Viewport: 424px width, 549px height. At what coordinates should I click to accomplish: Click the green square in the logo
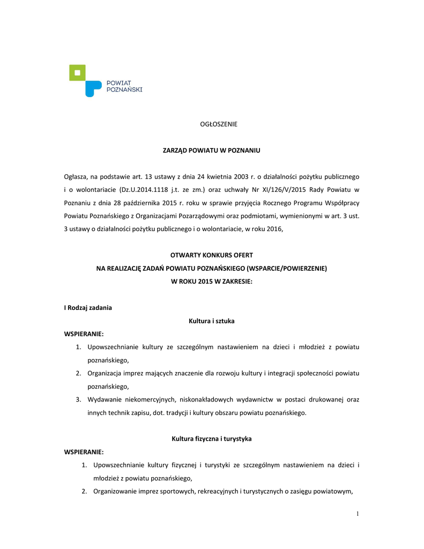pos(78,72)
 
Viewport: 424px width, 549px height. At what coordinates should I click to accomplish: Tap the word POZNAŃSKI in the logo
pos(124,90)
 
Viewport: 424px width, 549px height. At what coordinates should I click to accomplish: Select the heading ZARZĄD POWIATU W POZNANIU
pos(211,150)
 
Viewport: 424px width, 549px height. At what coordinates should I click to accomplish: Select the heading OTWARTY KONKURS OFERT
pos(211,255)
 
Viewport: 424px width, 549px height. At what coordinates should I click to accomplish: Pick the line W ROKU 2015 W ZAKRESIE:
pos(211,281)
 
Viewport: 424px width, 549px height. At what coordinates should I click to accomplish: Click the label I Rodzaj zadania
pos(88,308)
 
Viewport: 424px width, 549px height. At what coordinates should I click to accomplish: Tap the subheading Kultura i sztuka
pos(212,321)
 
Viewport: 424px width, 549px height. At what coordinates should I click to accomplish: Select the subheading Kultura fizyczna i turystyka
pos(211,439)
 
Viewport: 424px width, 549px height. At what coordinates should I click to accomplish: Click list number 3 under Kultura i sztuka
pos(78,399)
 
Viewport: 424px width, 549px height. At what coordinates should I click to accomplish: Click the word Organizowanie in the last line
pos(114,491)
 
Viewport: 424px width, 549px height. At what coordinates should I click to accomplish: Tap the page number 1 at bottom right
pos(358,514)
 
